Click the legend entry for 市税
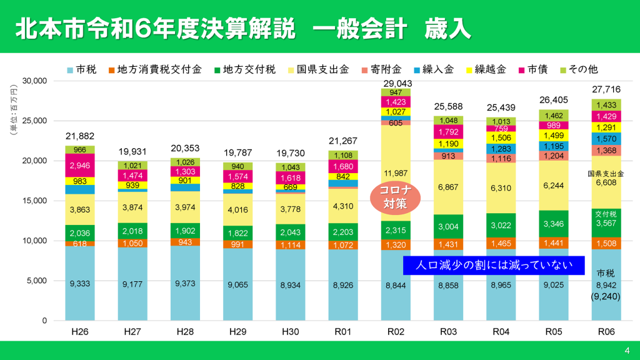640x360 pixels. [x=81, y=69]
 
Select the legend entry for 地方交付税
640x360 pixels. [x=244, y=69]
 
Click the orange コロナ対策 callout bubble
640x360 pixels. [x=394, y=196]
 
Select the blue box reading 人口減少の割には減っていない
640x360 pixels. [x=494, y=265]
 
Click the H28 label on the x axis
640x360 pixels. [x=184, y=331]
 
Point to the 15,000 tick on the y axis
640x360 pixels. [x=35, y=201]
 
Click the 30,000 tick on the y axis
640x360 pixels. [x=35, y=81]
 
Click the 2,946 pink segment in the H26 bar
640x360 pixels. [x=79, y=166]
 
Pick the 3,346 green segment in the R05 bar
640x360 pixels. [x=551, y=224]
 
